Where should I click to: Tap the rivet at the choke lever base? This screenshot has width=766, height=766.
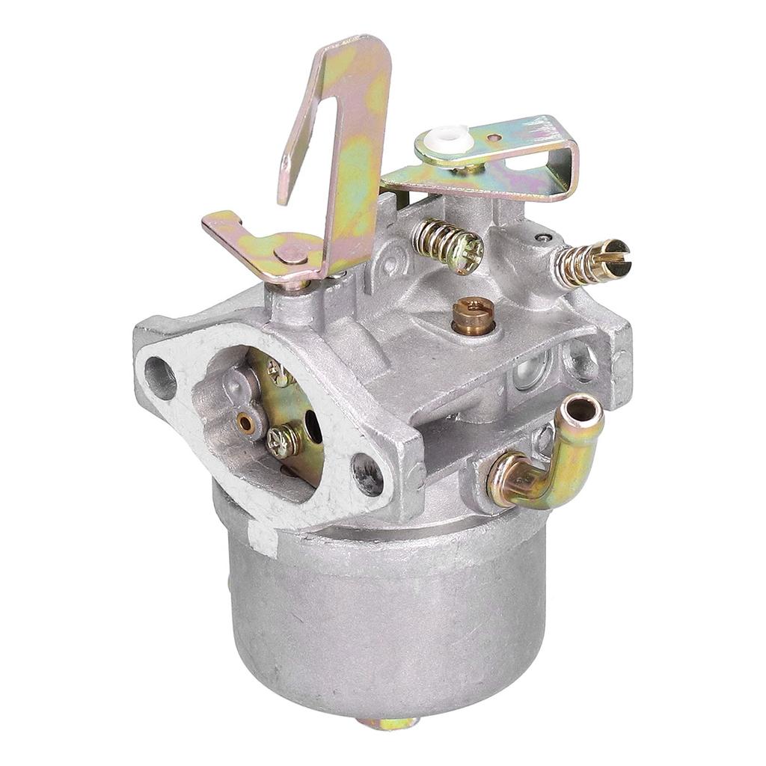click(291, 254)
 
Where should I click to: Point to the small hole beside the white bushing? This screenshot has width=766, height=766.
click(494, 138)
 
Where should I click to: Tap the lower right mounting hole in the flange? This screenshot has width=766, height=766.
click(367, 474)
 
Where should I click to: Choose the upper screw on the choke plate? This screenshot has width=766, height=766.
click(279, 373)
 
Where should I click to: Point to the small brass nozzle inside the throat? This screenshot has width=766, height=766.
click(245, 423)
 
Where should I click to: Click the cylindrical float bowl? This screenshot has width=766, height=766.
click(382, 613)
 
